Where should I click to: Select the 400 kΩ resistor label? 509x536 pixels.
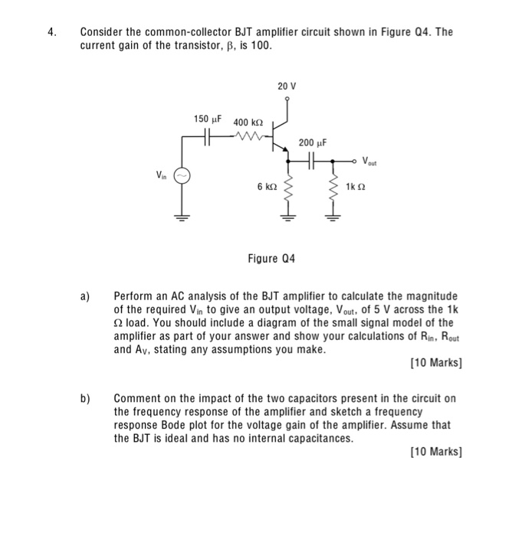(248, 123)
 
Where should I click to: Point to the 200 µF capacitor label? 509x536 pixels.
(313, 142)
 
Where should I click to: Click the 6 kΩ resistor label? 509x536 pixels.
(266, 186)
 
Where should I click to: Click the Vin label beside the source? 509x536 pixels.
(161, 175)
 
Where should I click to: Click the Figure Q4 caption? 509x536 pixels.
(269, 258)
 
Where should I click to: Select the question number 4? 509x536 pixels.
(51, 33)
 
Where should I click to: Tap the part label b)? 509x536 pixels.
(85, 399)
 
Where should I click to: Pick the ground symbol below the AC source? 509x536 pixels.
(182, 217)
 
